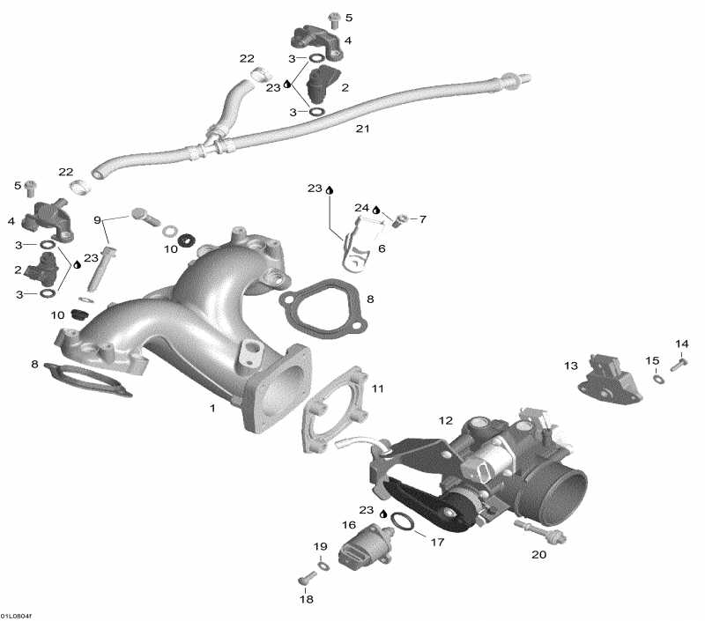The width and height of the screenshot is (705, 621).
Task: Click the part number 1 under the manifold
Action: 212,408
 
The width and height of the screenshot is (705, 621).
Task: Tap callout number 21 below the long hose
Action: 362,129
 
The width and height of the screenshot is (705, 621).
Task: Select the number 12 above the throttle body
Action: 446,420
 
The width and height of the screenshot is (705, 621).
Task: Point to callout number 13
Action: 570,366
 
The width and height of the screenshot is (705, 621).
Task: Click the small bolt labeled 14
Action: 679,365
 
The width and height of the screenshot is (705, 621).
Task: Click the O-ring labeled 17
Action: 403,522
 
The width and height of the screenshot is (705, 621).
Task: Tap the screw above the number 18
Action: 304,580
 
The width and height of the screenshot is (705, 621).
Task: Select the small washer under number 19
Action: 323,565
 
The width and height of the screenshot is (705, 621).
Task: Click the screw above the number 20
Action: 539,530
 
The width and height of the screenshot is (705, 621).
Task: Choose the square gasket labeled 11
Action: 334,409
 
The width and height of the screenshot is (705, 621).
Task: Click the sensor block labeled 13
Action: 609,379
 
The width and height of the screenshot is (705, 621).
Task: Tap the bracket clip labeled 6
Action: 356,245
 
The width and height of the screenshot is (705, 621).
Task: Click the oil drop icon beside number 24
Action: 376,210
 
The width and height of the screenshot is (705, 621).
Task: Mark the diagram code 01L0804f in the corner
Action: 16,616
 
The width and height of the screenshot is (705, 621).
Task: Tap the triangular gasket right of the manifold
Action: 323,308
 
